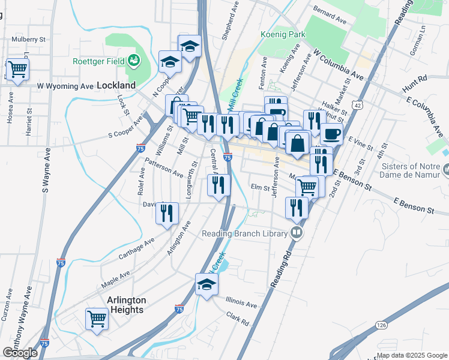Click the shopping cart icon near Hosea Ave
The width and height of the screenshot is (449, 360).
point(17,70)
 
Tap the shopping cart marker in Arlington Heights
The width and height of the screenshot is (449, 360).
point(97,319)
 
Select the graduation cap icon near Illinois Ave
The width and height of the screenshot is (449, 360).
point(206,284)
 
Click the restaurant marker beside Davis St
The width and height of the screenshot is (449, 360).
point(167,212)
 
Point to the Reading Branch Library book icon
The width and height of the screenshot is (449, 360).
point(296,232)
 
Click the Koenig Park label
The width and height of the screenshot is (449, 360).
point(283,34)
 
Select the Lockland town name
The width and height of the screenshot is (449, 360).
point(116,85)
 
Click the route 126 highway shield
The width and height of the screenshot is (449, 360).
point(382,325)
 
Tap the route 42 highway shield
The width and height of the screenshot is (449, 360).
point(357,105)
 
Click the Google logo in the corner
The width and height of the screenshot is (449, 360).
point(20,352)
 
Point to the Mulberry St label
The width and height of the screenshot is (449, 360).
point(29,39)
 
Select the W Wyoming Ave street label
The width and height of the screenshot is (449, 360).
point(65,86)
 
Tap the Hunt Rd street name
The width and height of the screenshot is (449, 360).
point(415,78)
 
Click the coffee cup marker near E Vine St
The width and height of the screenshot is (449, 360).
point(331,133)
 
